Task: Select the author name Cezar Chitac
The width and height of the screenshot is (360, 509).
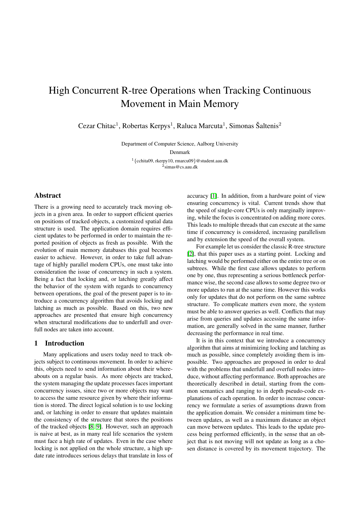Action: click(x=97, y=126)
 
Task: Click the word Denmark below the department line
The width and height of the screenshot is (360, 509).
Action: click(x=180, y=152)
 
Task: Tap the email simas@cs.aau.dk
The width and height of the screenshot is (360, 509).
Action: click(x=181, y=167)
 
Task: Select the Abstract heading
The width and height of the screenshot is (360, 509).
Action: click(x=48, y=195)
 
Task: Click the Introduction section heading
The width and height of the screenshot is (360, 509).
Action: click(x=64, y=343)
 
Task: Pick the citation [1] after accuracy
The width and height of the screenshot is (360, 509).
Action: click(x=213, y=196)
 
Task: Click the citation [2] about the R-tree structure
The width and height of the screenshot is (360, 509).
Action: click(x=190, y=254)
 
